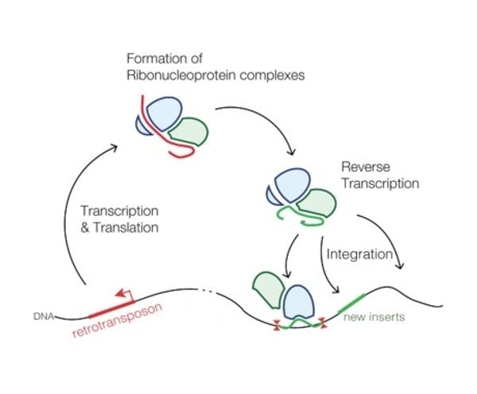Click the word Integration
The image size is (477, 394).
360,256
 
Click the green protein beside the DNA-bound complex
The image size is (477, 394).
269,291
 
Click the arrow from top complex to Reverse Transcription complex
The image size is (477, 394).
266,119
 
